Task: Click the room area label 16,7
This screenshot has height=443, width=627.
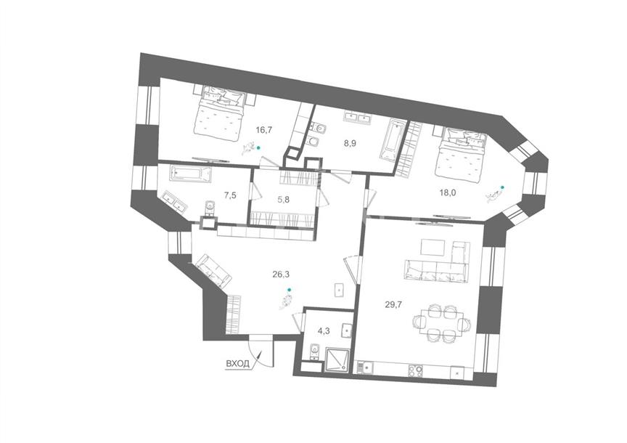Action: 264,130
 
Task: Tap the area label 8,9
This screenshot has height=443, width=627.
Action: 350,143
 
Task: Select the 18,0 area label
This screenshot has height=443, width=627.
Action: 448,192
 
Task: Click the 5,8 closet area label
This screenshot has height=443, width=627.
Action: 283,200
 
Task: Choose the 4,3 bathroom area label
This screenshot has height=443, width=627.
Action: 324,331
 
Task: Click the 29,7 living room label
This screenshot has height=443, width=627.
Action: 393,304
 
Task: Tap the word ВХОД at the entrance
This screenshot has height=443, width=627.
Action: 237,364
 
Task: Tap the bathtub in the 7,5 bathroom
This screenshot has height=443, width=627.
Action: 190,174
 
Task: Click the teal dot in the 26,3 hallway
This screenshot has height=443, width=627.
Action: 290,289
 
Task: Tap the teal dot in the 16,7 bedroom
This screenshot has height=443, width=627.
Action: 258,147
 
